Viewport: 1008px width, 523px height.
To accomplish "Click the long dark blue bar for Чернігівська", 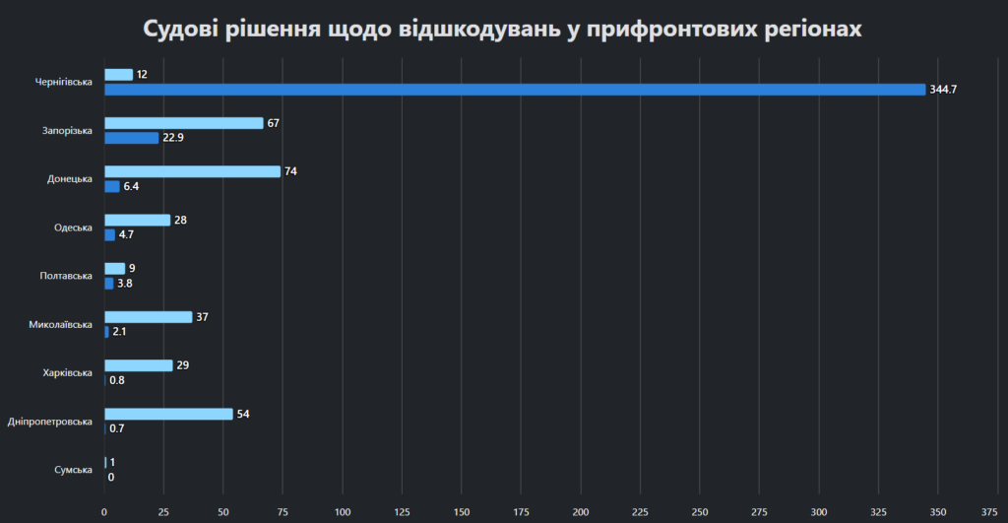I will click(515, 90).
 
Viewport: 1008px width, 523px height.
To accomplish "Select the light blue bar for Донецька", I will click(192, 171).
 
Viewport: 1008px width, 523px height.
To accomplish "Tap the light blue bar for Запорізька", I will click(184, 123).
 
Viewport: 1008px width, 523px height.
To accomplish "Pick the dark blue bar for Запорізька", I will click(132, 138).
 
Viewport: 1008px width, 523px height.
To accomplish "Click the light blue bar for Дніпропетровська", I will click(168, 414).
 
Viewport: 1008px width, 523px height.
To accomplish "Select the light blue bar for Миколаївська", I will click(149, 317).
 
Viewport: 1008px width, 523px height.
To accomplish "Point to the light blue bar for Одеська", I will click(138, 220).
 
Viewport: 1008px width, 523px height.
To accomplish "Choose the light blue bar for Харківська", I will click(139, 365).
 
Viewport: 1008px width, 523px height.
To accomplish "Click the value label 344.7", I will click(943, 90).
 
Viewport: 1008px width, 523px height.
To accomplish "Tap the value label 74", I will click(290, 171).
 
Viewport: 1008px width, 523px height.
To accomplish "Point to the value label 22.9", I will click(173, 138).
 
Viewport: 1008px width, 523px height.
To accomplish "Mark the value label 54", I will click(243, 414).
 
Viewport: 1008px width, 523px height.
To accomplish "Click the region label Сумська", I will click(74, 470).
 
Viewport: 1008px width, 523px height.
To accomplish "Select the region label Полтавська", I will click(67, 276).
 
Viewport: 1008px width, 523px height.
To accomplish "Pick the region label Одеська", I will click(73, 228).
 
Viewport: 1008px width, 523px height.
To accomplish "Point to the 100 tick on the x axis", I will click(343, 511).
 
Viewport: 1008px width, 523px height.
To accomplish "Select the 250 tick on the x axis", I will click(700, 511).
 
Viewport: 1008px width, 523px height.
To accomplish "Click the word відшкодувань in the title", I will click(476, 29).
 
